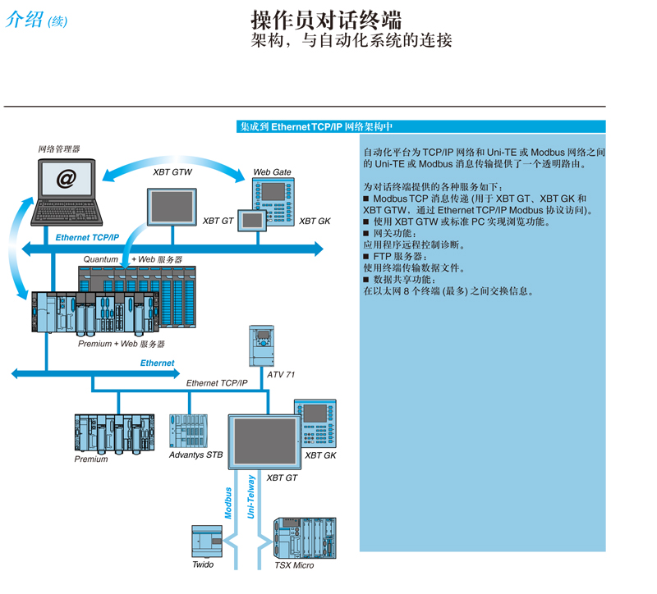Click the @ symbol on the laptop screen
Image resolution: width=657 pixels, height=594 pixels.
point(67,178)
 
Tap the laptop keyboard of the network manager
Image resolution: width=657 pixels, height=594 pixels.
point(67,212)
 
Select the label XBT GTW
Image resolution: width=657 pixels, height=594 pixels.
point(172,172)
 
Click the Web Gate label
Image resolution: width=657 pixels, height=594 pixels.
point(272,172)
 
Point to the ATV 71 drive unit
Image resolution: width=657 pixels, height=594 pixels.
point(261,345)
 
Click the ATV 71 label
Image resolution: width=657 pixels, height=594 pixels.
point(281,375)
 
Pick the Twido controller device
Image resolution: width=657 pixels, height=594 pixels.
point(207,541)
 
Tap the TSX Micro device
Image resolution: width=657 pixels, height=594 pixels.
point(305,538)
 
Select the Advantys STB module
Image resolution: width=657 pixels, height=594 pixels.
point(189,432)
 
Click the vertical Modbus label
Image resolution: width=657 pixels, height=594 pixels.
point(228,503)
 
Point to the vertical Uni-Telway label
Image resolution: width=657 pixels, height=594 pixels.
point(251,496)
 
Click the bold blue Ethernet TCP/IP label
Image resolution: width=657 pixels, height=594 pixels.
point(87,238)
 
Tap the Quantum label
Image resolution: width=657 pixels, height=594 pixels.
point(100,259)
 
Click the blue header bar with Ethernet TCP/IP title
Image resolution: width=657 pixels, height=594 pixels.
point(420,126)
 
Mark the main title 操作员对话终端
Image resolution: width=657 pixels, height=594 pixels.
point(326,20)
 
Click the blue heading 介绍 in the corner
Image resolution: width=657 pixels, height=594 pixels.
point(25,19)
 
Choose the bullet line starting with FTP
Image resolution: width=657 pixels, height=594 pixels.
point(395,256)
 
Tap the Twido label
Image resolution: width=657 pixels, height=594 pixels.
point(203,564)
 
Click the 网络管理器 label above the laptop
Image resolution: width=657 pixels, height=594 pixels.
point(59,149)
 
